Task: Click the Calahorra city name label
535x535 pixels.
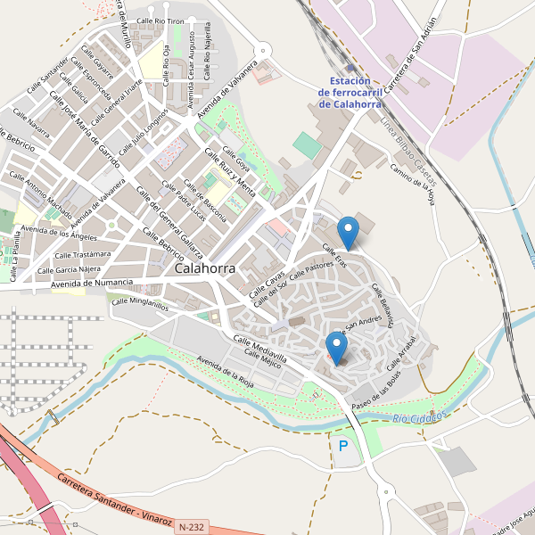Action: click(206, 267)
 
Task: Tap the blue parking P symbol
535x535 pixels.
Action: click(343, 445)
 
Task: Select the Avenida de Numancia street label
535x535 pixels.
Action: click(92, 284)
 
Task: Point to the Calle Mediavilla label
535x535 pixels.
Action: click(259, 350)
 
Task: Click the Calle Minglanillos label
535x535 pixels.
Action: click(140, 303)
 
